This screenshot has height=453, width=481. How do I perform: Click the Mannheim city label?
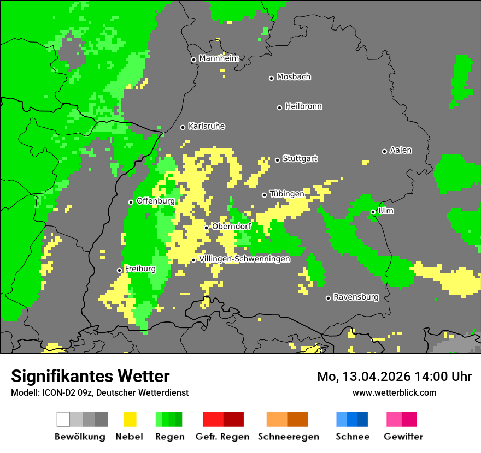(x=219, y=58)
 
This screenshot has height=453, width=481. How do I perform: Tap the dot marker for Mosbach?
(x=271, y=78)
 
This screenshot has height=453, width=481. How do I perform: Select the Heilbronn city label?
(x=303, y=106)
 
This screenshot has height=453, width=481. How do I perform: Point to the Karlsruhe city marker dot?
(x=183, y=127)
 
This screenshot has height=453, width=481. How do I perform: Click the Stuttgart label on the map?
(x=300, y=159)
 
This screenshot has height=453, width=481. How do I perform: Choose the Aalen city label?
(x=401, y=150)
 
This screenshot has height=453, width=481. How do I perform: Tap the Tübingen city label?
(x=287, y=194)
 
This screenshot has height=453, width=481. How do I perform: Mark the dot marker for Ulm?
(x=373, y=212)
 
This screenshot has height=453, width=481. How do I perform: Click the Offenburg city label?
(x=155, y=201)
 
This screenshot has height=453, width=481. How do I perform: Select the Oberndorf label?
(x=231, y=226)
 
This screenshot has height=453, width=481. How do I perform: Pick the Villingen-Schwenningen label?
(x=244, y=259)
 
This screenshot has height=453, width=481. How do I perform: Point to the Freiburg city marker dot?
(x=119, y=270)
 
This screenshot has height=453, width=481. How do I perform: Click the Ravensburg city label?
(x=356, y=297)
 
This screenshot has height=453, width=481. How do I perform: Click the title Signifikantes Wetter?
(x=90, y=377)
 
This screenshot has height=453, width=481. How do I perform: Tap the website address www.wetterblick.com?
(x=394, y=392)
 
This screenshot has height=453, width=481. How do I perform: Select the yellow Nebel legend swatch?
(x=130, y=419)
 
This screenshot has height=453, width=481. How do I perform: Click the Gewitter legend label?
(x=403, y=437)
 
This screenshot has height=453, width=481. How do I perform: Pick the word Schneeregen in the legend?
(x=288, y=437)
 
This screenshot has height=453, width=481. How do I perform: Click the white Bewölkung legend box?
(x=63, y=419)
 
